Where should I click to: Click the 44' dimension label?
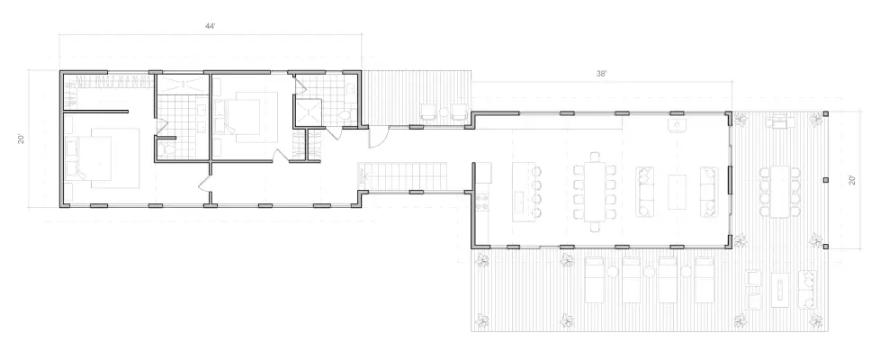211,26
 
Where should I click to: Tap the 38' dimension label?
602,74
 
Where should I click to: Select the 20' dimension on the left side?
22,139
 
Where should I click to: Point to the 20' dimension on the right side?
852,180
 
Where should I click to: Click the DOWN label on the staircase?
362,177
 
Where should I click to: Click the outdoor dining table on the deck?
779,192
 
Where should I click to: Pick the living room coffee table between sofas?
677,192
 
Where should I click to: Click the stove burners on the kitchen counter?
482,202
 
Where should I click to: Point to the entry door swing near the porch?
378,137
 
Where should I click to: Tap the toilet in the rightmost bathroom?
346,114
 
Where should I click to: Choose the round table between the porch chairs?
444,112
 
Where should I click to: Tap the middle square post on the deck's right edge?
825,180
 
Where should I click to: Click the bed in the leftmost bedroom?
103,157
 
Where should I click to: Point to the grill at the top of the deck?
781,121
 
